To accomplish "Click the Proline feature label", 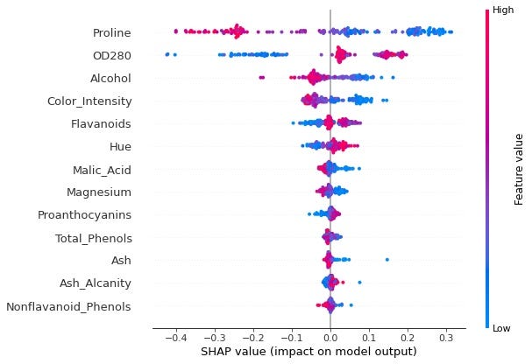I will click(x=111, y=33).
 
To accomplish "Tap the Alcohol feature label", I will click(x=110, y=79).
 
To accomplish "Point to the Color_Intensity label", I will click(x=89, y=101).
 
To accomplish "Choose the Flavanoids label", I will click(x=101, y=124).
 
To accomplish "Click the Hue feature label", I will click(x=120, y=146).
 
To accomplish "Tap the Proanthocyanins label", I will click(x=84, y=214).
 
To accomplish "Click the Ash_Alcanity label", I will click(x=96, y=283).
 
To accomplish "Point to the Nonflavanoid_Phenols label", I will click(x=68, y=306).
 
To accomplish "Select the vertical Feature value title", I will click(x=519, y=169).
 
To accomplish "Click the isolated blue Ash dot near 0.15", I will click(x=387, y=259).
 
